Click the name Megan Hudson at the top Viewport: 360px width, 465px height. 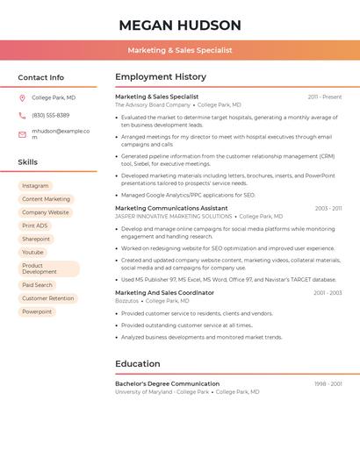coord(180,25)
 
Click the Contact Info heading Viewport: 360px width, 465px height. coord(41,77)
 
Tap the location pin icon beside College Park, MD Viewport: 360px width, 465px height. coord(22,97)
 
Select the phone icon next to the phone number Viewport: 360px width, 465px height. coord(22,115)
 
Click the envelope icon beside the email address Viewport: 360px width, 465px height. coord(22,134)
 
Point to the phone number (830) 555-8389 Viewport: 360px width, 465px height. coord(50,115)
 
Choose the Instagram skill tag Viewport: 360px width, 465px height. coord(35,186)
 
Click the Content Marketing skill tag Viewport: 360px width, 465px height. coord(46,199)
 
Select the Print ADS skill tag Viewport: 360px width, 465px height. coord(35,225)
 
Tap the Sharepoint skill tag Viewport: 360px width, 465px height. coord(36,239)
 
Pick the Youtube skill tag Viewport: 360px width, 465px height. coord(32,252)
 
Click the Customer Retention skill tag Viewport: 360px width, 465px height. coord(48,298)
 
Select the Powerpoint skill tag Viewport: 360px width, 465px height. coord(37,311)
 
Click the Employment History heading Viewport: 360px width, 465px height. coord(161,77)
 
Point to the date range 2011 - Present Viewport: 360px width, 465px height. coord(325,97)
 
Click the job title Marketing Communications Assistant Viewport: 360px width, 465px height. coord(171,208)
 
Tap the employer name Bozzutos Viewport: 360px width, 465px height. coord(126,300)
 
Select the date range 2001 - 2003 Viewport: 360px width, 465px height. coord(328,292)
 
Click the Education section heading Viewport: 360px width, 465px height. coord(138,363)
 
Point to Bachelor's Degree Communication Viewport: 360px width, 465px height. coord(167,383)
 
